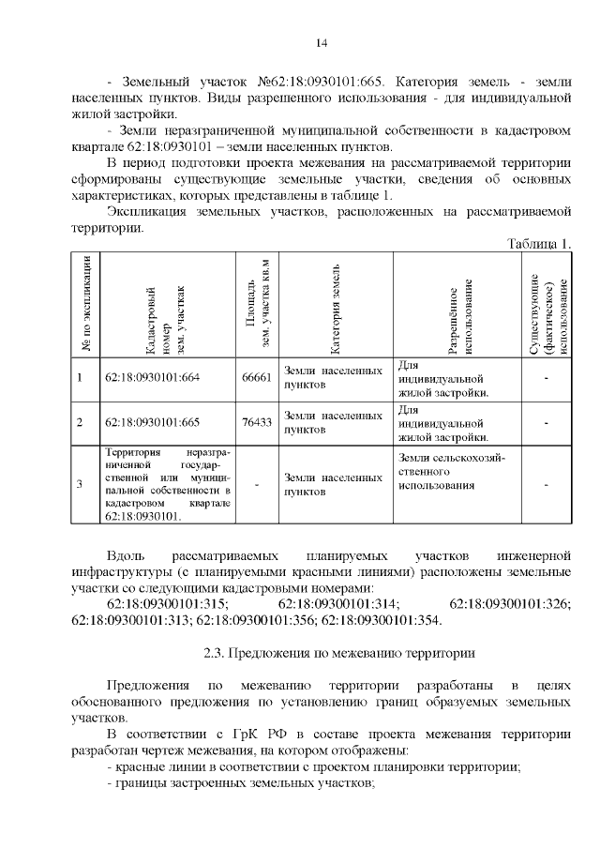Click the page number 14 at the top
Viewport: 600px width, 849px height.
tap(321, 43)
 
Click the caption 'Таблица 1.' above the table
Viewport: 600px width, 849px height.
tap(539, 243)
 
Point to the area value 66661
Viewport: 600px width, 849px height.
tap(256, 378)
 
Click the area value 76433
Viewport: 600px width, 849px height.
tap(256, 422)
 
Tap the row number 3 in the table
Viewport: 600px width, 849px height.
tap(80, 484)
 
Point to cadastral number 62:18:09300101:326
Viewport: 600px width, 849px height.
tap(511, 603)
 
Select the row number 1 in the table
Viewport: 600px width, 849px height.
tap(80, 378)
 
